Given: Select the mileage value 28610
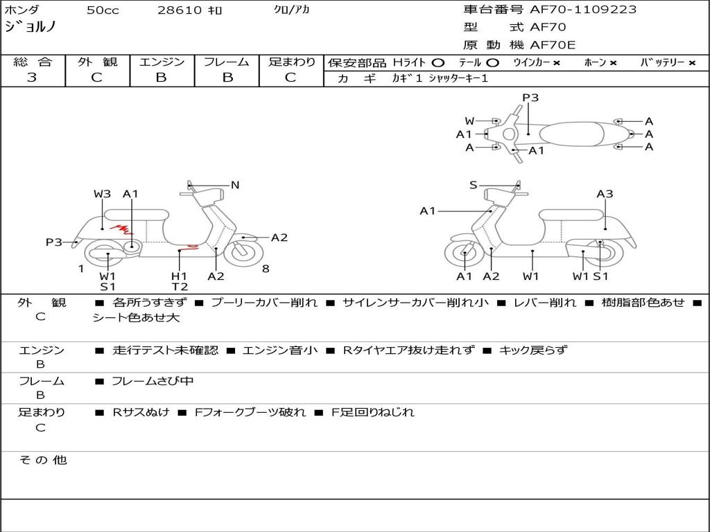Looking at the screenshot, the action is click(179, 10).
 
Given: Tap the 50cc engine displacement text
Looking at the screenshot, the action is click(103, 10).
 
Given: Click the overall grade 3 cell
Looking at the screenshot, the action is click(32, 78).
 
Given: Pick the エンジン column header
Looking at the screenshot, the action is click(162, 62).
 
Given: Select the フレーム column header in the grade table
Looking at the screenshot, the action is click(226, 62).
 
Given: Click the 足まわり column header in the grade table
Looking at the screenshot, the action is click(291, 62).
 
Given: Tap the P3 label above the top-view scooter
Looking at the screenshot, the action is click(530, 98).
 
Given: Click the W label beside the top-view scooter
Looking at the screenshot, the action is click(469, 121).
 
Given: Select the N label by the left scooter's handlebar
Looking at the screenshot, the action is click(235, 185).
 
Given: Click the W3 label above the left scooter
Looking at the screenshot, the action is click(102, 194).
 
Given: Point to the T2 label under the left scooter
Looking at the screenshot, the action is click(180, 287).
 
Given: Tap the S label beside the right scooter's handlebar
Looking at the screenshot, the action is click(473, 185).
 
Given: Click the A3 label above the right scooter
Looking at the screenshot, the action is click(605, 194).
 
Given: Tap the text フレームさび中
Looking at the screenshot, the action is click(153, 381).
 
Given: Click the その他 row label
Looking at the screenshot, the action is click(42, 460).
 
